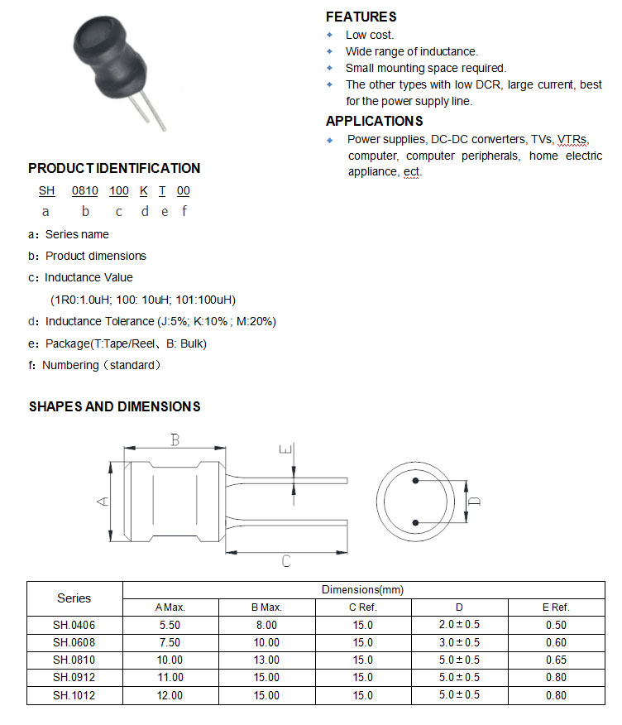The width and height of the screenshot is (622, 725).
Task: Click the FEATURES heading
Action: [x=361, y=17]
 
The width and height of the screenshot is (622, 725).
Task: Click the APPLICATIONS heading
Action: [x=374, y=121]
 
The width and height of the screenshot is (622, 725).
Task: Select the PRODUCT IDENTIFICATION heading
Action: [x=114, y=168]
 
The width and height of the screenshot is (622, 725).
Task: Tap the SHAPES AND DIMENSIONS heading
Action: [x=114, y=406]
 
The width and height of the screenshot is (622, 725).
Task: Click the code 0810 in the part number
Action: [x=84, y=190]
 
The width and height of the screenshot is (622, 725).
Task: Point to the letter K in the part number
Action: [x=143, y=190]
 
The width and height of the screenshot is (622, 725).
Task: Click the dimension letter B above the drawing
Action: [x=175, y=439]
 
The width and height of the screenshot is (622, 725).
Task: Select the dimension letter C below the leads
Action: [x=285, y=561]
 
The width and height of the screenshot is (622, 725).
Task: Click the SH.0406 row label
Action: [x=74, y=625]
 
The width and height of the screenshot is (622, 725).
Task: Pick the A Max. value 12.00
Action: [x=170, y=695]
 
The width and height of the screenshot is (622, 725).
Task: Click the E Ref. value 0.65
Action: [x=557, y=660]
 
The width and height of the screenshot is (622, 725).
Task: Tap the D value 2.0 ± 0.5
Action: [x=459, y=625]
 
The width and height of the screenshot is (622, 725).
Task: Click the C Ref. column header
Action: [x=362, y=607]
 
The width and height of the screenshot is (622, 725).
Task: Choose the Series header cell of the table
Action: [x=74, y=598]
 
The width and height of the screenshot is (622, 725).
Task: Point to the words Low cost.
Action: [x=370, y=35]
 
